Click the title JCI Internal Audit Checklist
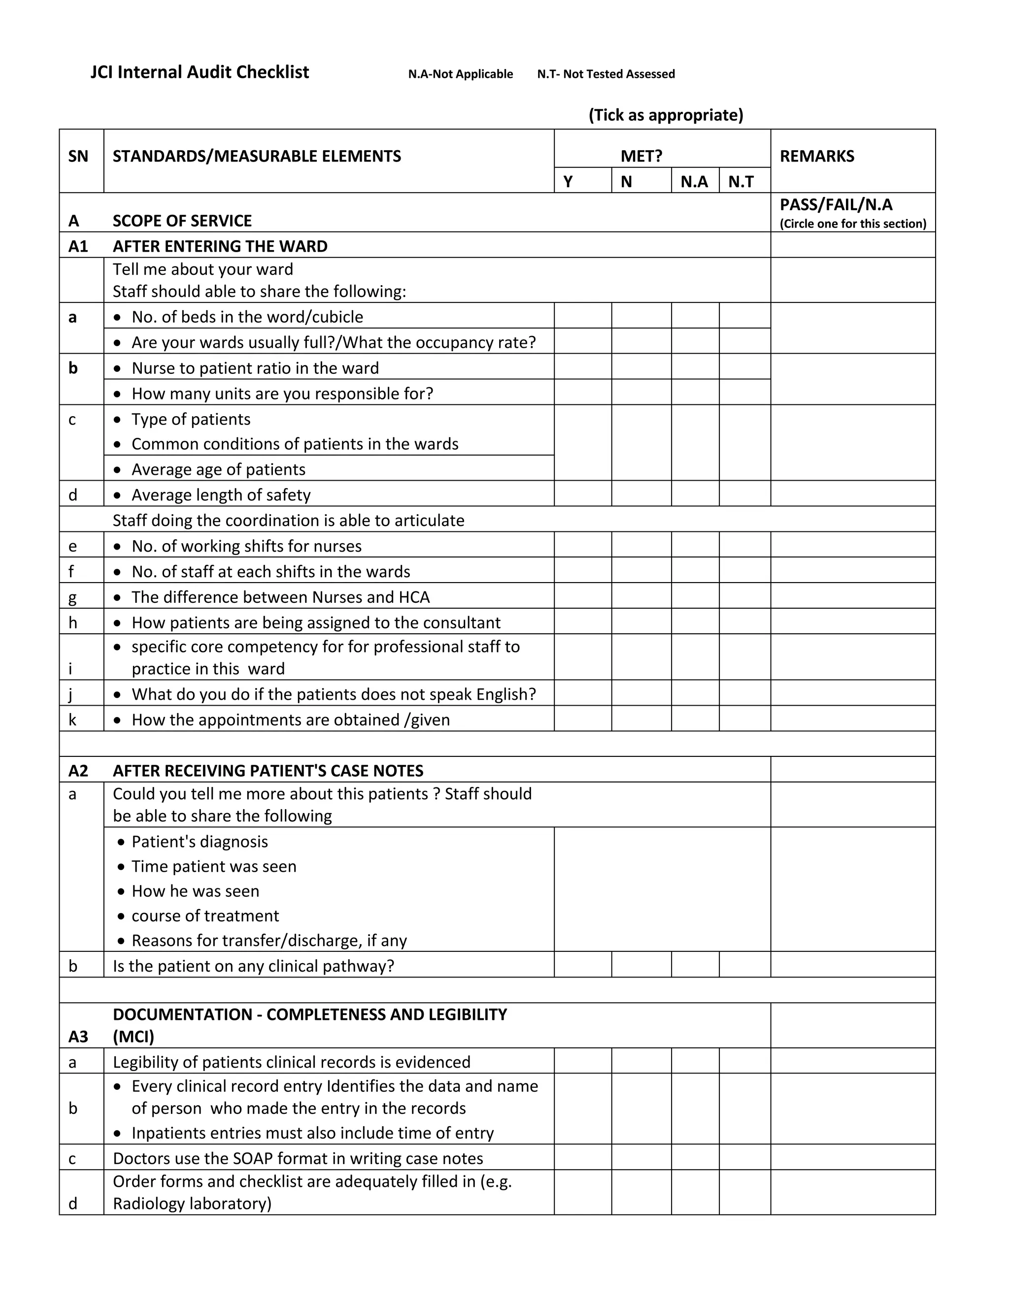(200, 72)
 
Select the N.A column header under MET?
(694, 181)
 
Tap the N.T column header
(741, 181)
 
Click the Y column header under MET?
(568, 181)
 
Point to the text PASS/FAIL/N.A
(836, 205)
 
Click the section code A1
(78, 246)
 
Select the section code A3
(78, 1036)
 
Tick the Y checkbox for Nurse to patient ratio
(582, 367)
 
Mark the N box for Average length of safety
(641, 493)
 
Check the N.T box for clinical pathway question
(744, 965)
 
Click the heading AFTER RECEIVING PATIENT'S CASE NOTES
(268, 770)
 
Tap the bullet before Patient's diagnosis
(121, 842)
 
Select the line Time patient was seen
(213, 866)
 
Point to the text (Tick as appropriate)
(665, 115)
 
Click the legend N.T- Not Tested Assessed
(605, 74)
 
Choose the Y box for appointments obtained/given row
(582, 719)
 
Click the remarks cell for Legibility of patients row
(852, 1061)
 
